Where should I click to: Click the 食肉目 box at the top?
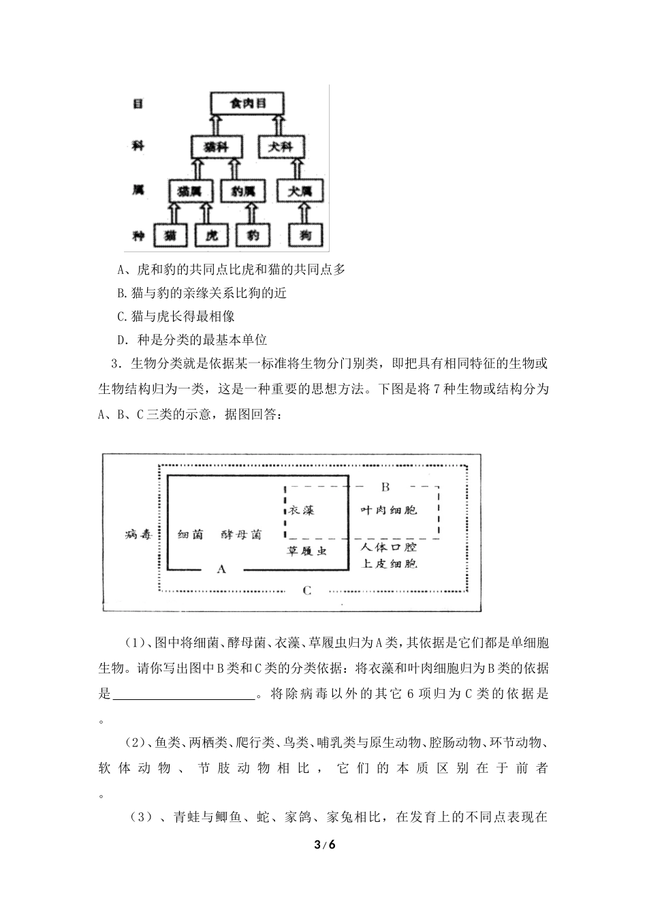click(246, 104)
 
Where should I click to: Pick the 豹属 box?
click(242, 191)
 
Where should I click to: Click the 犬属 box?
click(300, 191)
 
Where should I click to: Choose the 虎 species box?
click(212, 236)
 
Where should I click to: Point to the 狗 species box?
click(305, 236)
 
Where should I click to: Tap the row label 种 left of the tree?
click(138, 236)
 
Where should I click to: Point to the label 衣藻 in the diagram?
click(301, 510)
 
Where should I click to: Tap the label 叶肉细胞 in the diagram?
click(388, 510)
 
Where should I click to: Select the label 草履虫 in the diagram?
click(307, 550)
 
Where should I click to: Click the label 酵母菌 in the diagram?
click(241, 534)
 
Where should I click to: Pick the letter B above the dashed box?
click(385, 487)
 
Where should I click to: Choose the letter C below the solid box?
click(307, 590)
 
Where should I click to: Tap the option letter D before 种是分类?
click(122, 339)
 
